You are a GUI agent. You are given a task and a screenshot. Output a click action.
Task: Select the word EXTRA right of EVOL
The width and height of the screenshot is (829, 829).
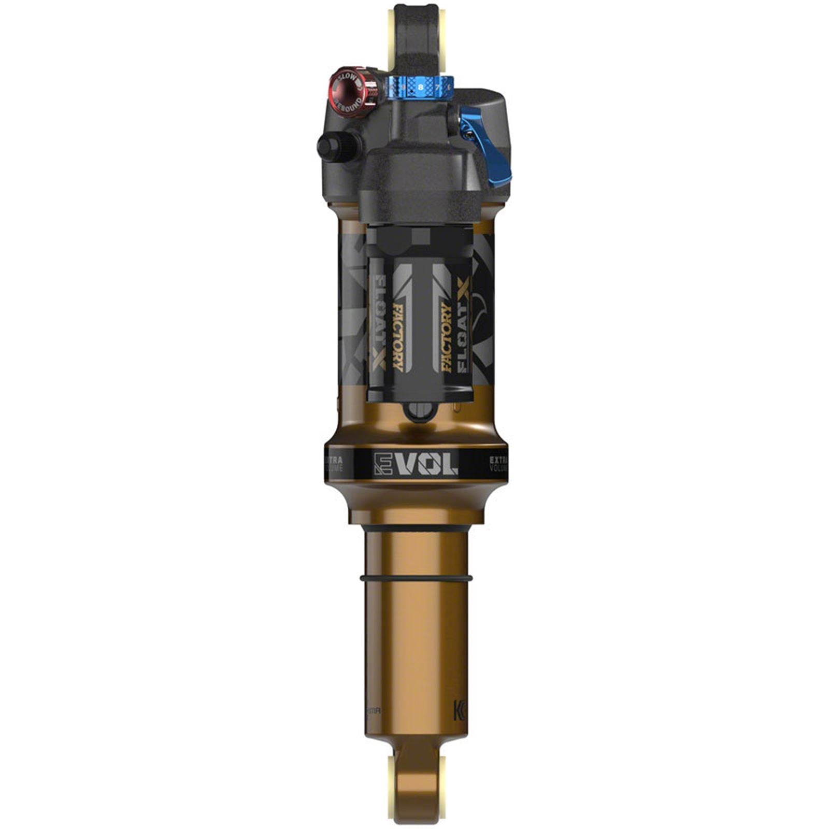tap(498, 459)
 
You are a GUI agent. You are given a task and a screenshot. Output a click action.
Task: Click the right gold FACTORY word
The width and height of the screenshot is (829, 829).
tap(446, 337)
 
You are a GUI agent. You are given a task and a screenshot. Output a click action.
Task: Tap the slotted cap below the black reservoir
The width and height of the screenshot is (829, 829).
tap(419, 412)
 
